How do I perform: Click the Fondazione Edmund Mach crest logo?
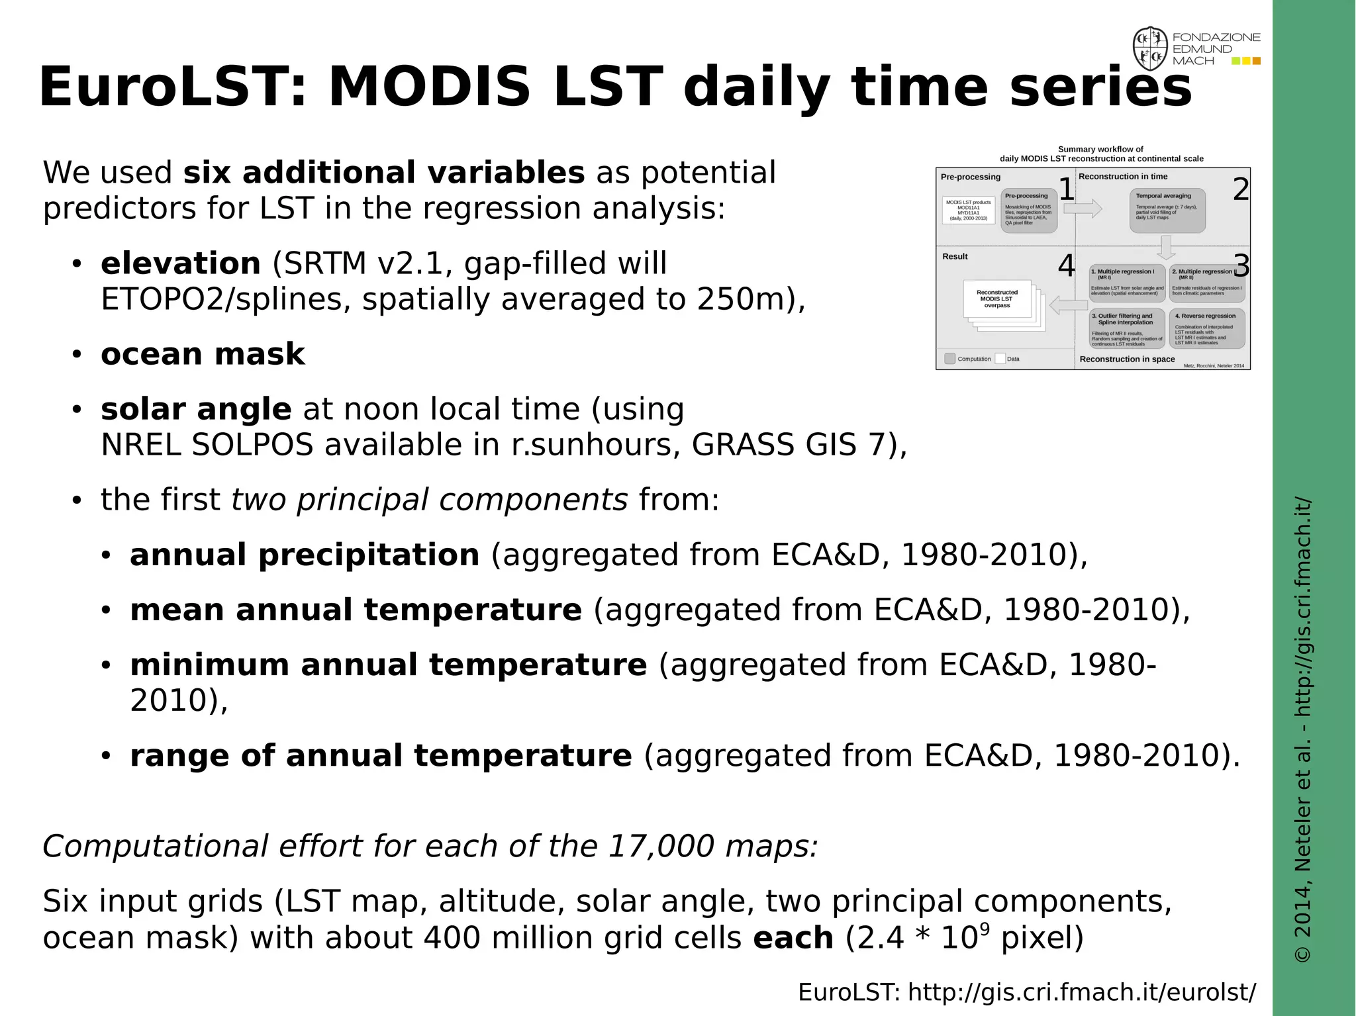click(x=1149, y=49)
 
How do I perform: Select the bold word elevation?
click(x=180, y=263)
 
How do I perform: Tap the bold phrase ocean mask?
click(x=202, y=354)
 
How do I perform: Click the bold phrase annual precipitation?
click(x=304, y=555)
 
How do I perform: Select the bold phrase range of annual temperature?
click(x=381, y=756)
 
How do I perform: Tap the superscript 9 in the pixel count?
click(x=985, y=929)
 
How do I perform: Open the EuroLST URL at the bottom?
click(x=1026, y=992)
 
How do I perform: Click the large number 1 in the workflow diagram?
click(x=1066, y=190)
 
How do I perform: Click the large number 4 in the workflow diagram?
click(x=1066, y=267)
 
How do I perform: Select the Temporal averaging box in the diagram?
click(x=1167, y=210)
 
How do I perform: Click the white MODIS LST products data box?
click(x=968, y=210)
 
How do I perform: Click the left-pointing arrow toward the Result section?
click(x=1068, y=306)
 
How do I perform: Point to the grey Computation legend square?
click(x=949, y=359)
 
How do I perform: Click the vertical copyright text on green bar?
click(x=1302, y=728)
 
